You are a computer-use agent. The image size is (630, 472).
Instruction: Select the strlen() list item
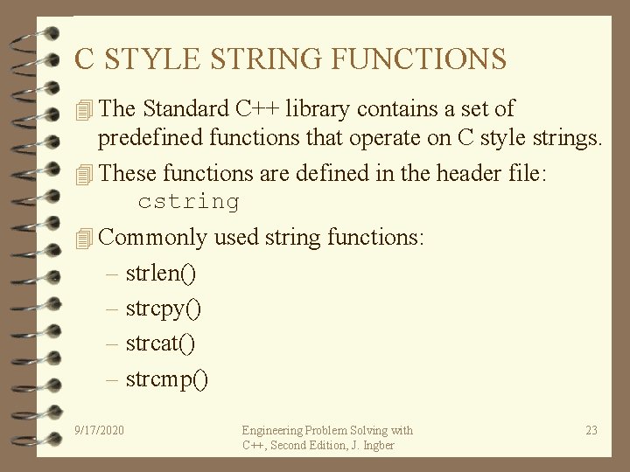click(x=161, y=274)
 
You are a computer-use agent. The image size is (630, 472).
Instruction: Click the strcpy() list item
click(x=164, y=309)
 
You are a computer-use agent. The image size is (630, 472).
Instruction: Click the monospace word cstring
click(x=188, y=202)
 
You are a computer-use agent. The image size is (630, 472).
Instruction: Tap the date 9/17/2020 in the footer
click(x=100, y=430)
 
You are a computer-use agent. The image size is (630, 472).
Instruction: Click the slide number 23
click(x=591, y=430)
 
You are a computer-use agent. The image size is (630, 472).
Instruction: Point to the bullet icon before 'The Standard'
click(x=84, y=110)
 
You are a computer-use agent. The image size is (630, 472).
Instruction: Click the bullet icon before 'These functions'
click(x=84, y=175)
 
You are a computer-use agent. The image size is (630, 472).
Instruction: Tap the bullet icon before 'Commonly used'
click(x=84, y=238)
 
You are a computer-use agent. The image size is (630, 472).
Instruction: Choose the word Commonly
click(x=154, y=238)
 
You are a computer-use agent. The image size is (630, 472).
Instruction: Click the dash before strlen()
click(x=113, y=274)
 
